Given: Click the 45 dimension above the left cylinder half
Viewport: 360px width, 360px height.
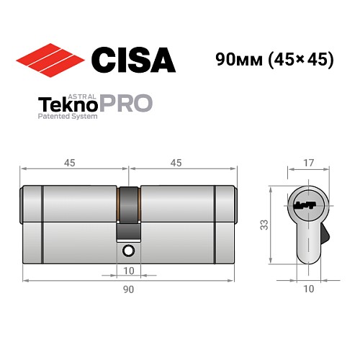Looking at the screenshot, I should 70,163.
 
